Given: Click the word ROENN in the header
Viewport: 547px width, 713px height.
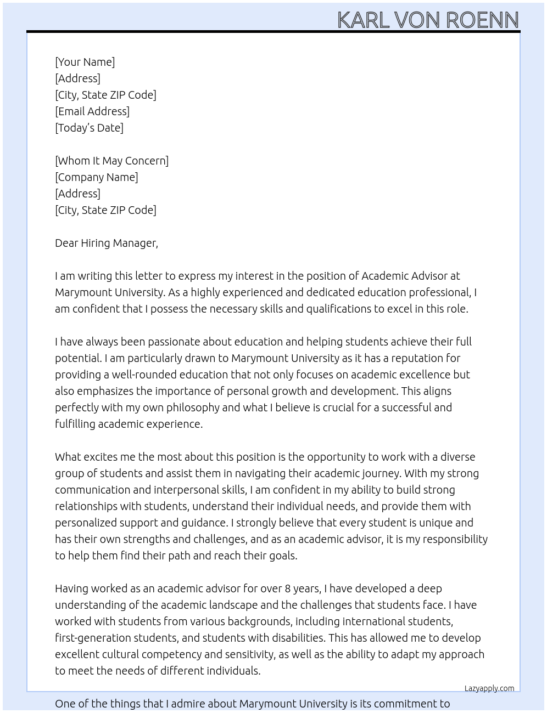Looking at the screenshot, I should pyautogui.click(x=482, y=20).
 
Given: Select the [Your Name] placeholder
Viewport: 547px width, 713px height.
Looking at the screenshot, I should pyautogui.click(x=85, y=62).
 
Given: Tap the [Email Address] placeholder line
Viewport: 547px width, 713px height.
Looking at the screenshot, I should pyautogui.click(x=92, y=111).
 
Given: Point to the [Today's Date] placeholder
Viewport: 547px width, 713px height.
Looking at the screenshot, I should pyautogui.click(x=89, y=128).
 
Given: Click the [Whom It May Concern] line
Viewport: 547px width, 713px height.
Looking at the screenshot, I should pyautogui.click(x=111, y=161).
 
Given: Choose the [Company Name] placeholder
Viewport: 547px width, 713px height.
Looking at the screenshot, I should pyautogui.click(x=96, y=177).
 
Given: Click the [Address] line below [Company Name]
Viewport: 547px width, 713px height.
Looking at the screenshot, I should pyautogui.click(x=77, y=194).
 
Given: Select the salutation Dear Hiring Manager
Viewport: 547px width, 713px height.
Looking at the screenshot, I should pyautogui.click(x=106, y=243).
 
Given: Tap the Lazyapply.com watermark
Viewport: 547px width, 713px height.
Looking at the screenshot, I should pyautogui.click(x=489, y=688).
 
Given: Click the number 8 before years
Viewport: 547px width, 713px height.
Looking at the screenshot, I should pyautogui.click(x=287, y=588).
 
